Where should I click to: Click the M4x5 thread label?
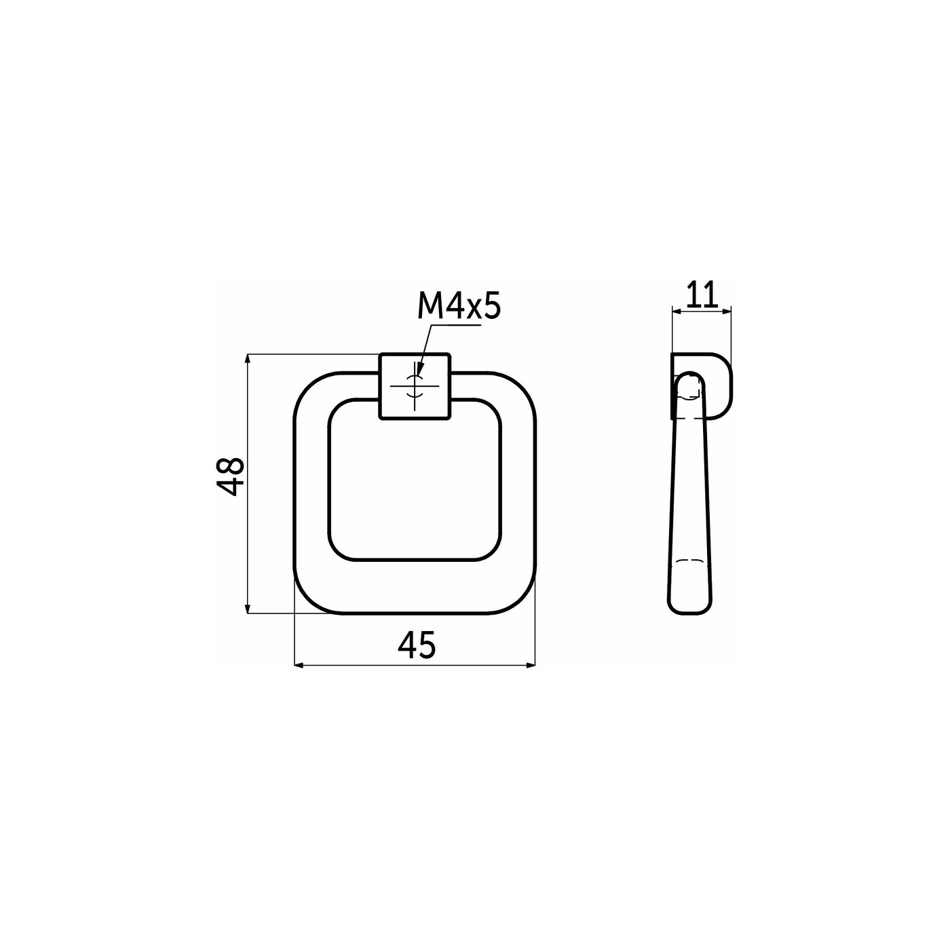459,307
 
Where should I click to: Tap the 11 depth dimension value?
701,296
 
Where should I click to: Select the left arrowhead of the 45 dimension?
299,665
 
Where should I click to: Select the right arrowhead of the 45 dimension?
530,665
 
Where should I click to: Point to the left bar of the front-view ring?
311,492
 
